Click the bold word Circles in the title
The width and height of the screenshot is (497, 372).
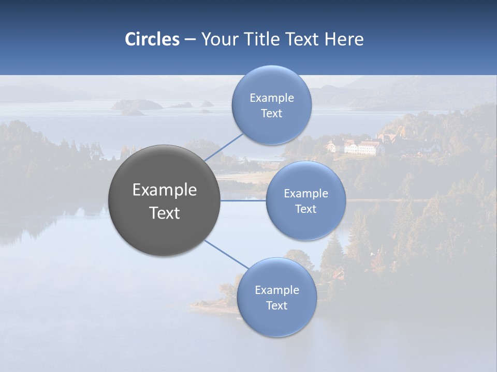click(x=152, y=39)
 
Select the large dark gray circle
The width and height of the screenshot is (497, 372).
click(x=164, y=200)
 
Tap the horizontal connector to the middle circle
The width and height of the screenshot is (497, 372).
click(x=243, y=200)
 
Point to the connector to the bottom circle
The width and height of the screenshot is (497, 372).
click(x=226, y=255)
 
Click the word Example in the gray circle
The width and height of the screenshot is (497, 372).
click(x=165, y=190)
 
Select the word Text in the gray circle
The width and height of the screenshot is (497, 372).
click(x=165, y=213)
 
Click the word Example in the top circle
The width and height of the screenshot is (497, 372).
click(x=271, y=98)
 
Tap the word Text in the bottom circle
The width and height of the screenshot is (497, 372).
click(x=276, y=305)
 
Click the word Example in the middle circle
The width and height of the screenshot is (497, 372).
click(x=305, y=194)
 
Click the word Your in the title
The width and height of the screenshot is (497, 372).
click(x=218, y=39)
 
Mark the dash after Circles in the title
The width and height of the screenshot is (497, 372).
click(x=189, y=40)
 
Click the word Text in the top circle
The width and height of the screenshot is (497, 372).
click(x=271, y=114)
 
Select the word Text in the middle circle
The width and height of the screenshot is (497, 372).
click(x=305, y=209)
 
